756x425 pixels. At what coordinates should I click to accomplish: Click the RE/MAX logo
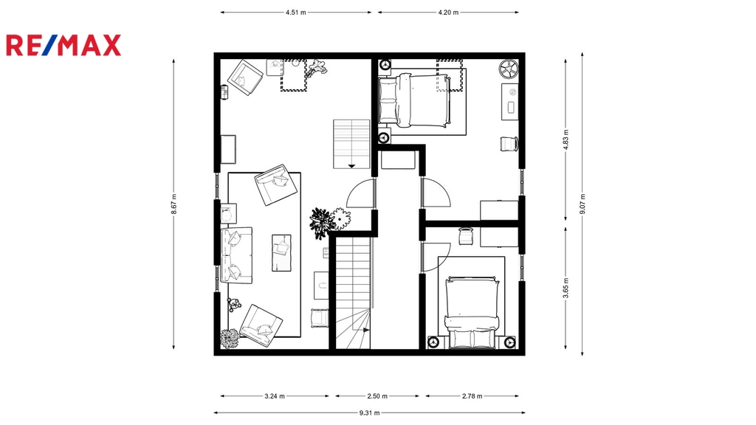[63, 45]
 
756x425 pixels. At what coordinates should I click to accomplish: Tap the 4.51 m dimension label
[295, 13]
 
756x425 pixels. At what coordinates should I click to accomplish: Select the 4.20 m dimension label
[448, 13]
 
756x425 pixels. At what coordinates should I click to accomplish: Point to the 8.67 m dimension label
[173, 204]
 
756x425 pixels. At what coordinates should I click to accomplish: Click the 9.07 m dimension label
[583, 204]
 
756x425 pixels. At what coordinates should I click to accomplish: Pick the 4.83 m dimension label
[566, 139]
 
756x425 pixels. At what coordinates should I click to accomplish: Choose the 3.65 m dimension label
[566, 288]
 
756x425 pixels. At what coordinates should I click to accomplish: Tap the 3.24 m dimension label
[275, 396]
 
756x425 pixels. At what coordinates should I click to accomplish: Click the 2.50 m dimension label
[377, 396]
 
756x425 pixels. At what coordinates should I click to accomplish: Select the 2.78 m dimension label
[472, 396]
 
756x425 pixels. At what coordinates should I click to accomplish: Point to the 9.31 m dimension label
[369, 412]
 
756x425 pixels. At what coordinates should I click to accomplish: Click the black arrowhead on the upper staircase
[351, 166]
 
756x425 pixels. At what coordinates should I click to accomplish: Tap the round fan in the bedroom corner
[508, 69]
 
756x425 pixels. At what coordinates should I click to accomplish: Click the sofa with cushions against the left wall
[236, 255]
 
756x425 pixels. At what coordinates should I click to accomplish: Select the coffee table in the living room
[281, 252]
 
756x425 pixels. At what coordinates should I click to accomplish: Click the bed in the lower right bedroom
[472, 312]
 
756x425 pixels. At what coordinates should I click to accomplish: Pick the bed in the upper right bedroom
[414, 100]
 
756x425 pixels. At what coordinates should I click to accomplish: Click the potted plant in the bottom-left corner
[230, 338]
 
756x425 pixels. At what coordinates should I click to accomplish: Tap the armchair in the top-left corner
[245, 77]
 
